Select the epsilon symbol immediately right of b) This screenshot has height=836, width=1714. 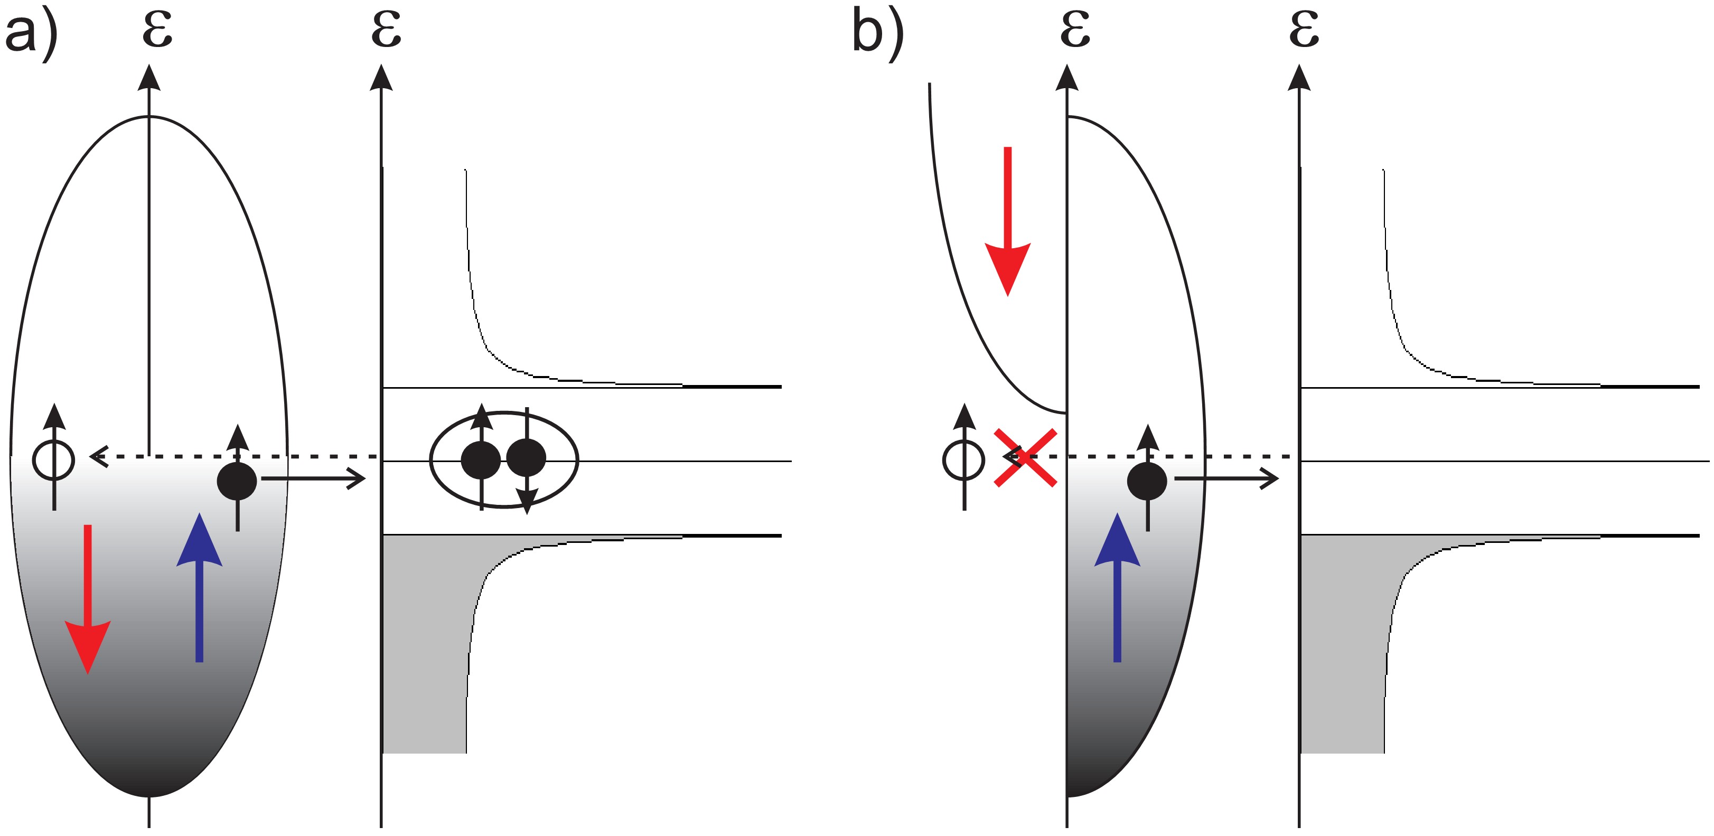(x=1075, y=30)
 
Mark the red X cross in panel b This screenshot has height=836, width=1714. (x=1025, y=457)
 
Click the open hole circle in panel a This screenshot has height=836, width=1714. (x=54, y=459)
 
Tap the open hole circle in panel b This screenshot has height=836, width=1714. (x=963, y=459)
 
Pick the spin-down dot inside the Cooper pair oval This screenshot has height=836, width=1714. (x=526, y=458)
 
